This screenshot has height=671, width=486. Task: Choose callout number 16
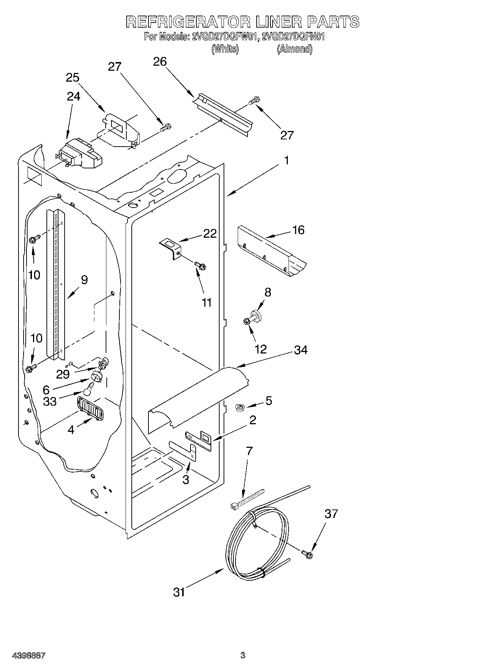298,230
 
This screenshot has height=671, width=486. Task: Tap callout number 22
209,233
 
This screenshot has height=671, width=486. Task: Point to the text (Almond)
294,49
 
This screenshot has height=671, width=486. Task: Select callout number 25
73,78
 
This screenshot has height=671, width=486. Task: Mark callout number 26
160,62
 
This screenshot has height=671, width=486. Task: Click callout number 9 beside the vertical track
84,280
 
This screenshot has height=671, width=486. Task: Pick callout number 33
50,402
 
